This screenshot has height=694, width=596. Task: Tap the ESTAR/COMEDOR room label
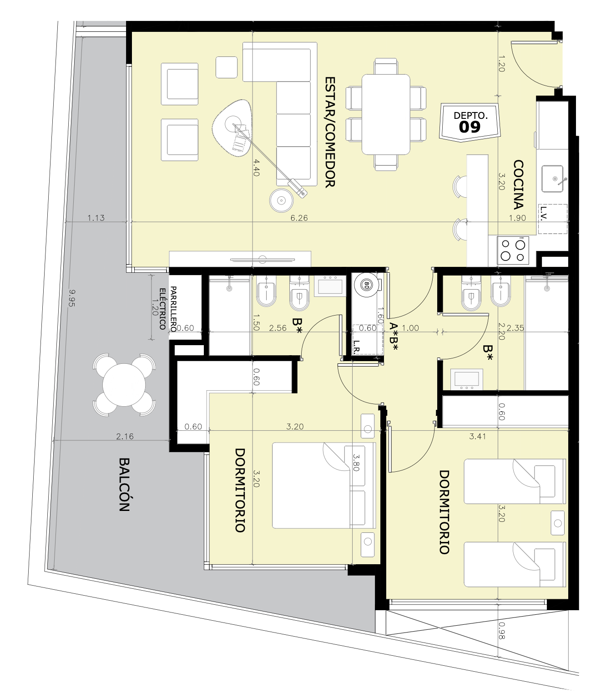pyautogui.click(x=330, y=132)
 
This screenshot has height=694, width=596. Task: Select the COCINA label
pyautogui.click(x=519, y=185)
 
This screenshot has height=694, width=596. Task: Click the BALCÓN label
pyautogui.click(x=124, y=485)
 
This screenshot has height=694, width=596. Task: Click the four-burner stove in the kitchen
pyautogui.click(x=513, y=250)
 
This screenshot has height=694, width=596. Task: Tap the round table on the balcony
pyautogui.click(x=124, y=385)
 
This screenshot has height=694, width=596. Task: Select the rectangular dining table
pyautogui.click(x=386, y=114)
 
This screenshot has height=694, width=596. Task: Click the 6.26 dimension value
pyautogui.click(x=299, y=218)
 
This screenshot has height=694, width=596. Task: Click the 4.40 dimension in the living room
pyautogui.click(x=256, y=168)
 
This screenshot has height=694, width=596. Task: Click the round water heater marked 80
pyautogui.click(x=366, y=286)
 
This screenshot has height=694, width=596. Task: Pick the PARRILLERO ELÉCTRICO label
pyautogui.click(x=168, y=309)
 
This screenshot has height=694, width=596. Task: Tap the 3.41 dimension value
pyautogui.click(x=477, y=436)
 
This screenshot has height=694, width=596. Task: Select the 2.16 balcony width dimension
pyautogui.click(x=125, y=436)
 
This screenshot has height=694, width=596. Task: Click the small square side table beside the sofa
pyautogui.click(x=227, y=67)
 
